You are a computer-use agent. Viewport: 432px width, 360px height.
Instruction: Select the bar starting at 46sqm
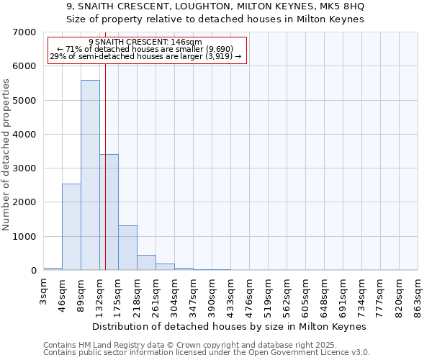point(71,227)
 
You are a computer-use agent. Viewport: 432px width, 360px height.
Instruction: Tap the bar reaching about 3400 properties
point(109,212)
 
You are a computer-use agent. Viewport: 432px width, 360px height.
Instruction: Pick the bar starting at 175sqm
point(127,248)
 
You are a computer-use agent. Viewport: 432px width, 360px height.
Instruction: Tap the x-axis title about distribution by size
point(230,326)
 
